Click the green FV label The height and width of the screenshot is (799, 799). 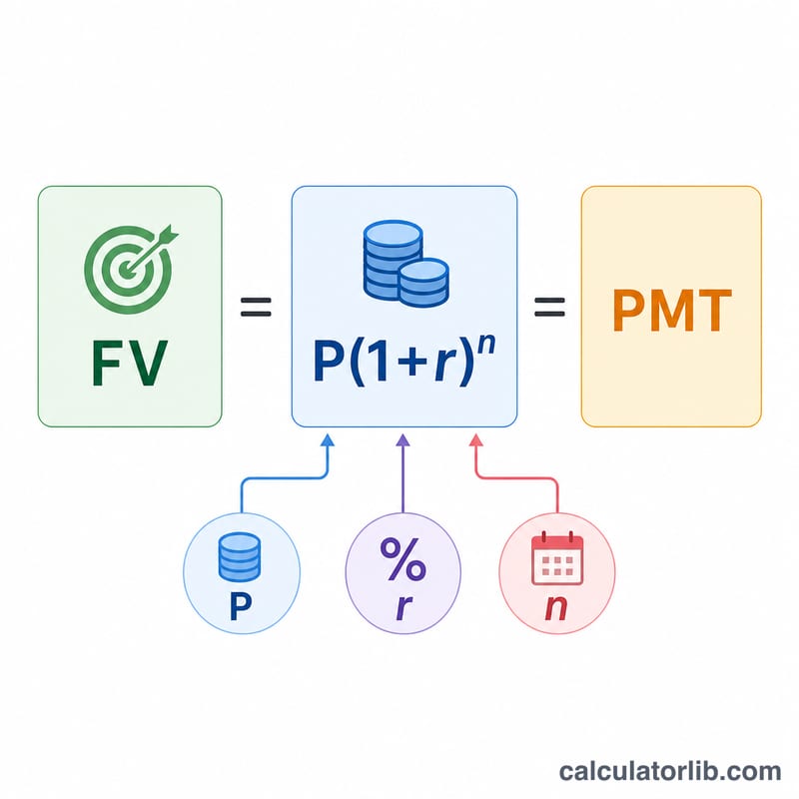click(x=130, y=363)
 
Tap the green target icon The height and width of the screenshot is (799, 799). click(x=131, y=269)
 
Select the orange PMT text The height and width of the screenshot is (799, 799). click(x=671, y=311)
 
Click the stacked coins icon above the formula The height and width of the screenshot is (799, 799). click(x=406, y=264)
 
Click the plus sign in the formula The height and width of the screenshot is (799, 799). click(x=416, y=364)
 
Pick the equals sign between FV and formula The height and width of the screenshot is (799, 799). click(x=256, y=307)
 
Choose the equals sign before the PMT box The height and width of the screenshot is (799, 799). click(x=549, y=307)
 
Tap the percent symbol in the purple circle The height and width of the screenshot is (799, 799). click(x=402, y=559)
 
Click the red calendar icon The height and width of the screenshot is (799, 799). click(x=557, y=558)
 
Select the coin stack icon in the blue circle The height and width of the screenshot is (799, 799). click(x=239, y=556)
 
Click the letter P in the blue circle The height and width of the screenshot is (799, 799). click(x=241, y=606)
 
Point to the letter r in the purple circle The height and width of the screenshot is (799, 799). click(x=403, y=607)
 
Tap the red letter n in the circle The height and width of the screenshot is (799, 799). click(x=556, y=608)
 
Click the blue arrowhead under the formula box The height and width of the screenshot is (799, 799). click(x=329, y=439)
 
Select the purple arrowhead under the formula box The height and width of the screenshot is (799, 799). click(x=403, y=439)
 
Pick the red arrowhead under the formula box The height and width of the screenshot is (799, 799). click(x=476, y=439)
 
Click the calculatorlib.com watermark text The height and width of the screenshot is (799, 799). click(x=670, y=771)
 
